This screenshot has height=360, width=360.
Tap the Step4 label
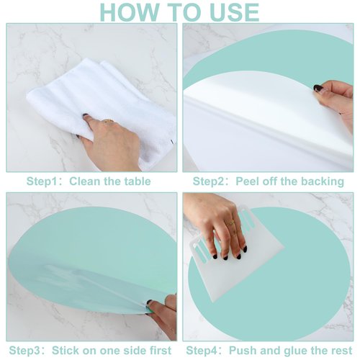(x=204, y=350)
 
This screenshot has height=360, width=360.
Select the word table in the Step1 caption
(x=136, y=181)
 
